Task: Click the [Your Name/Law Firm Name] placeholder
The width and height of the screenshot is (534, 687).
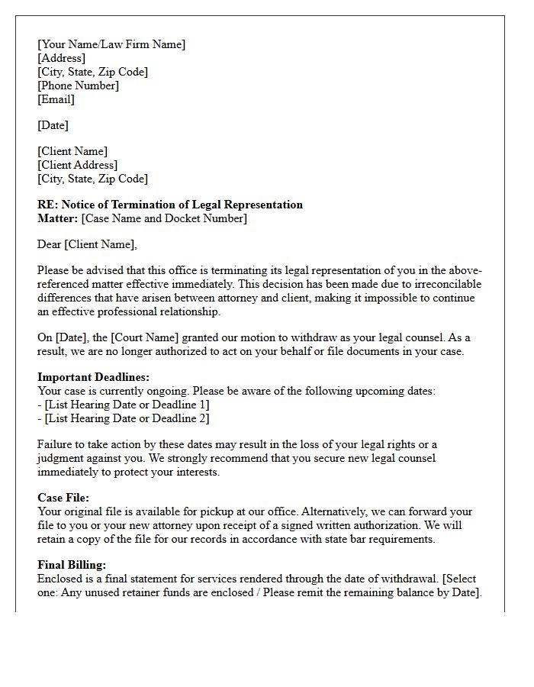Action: [111, 44]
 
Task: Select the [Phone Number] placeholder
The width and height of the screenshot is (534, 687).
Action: [78, 85]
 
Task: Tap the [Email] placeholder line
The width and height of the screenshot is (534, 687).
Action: [56, 99]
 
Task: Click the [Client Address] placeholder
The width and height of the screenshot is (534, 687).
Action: [77, 165]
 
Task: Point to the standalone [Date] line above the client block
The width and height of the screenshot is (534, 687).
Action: [53, 125]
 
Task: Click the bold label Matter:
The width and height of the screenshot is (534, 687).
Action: [57, 218]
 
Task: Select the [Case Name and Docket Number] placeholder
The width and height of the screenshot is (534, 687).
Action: [164, 218]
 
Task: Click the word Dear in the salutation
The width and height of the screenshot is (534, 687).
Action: [50, 244]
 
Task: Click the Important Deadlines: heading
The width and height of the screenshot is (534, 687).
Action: [94, 377]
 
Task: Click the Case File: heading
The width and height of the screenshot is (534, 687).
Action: [63, 498]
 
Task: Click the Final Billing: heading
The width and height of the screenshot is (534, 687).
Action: [72, 565]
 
